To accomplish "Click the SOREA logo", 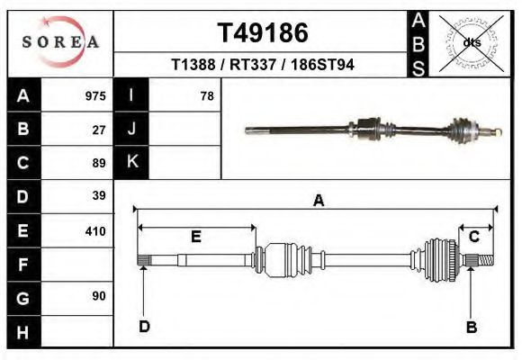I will point(59,41).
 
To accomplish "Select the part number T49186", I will point(263,33).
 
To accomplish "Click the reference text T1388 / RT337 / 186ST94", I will point(263,66).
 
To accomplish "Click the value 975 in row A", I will point(95,96).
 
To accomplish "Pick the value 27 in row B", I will point(99,130).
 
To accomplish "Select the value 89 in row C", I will point(99,163).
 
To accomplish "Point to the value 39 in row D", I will point(99,195).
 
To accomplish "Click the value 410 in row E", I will point(95,230).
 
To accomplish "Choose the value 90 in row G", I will point(99,296).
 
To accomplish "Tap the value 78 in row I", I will point(207,96).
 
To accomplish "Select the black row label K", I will point(132,162).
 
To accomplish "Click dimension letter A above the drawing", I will point(318,201).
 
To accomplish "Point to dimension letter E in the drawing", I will point(195,237).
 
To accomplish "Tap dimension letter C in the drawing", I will point(474,237).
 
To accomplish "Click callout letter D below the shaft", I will point(144,326).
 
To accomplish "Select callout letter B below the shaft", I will point(471,327).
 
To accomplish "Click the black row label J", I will point(132,129).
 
